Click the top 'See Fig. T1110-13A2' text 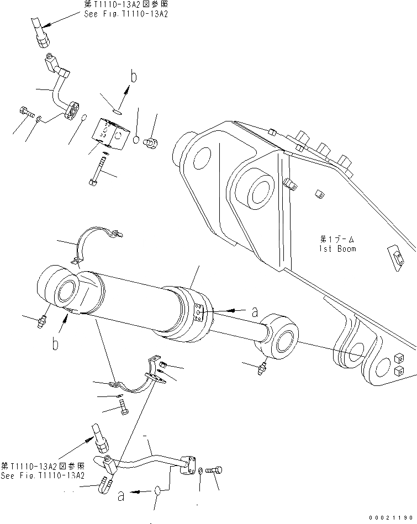pos(125,14)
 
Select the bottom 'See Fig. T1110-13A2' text pos(43,475)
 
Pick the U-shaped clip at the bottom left pos(105,484)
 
